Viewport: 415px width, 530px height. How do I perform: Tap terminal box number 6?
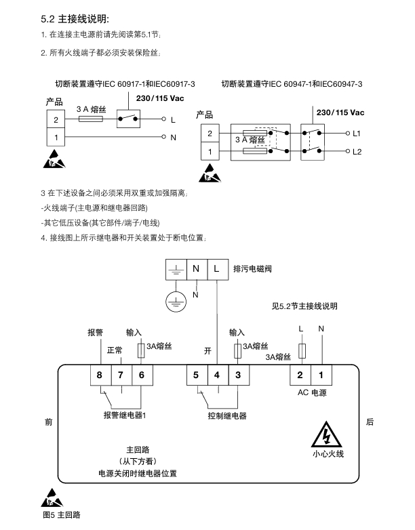[x=141, y=375]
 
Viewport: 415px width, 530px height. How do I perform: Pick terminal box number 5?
[x=196, y=375]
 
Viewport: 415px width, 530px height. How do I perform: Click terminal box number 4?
[x=217, y=375]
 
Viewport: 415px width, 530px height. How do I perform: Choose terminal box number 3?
[x=238, y=375]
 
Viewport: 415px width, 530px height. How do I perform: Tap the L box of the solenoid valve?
[x=216, y=269]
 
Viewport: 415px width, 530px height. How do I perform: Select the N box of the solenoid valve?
[x=196, y=269]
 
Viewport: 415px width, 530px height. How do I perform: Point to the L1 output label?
[x=358, y=134]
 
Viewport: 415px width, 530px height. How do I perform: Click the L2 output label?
[x=358, y=151]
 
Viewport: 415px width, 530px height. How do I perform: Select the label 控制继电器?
[x=227, y=415]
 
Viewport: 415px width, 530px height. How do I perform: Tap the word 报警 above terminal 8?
[x=95, y=333]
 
